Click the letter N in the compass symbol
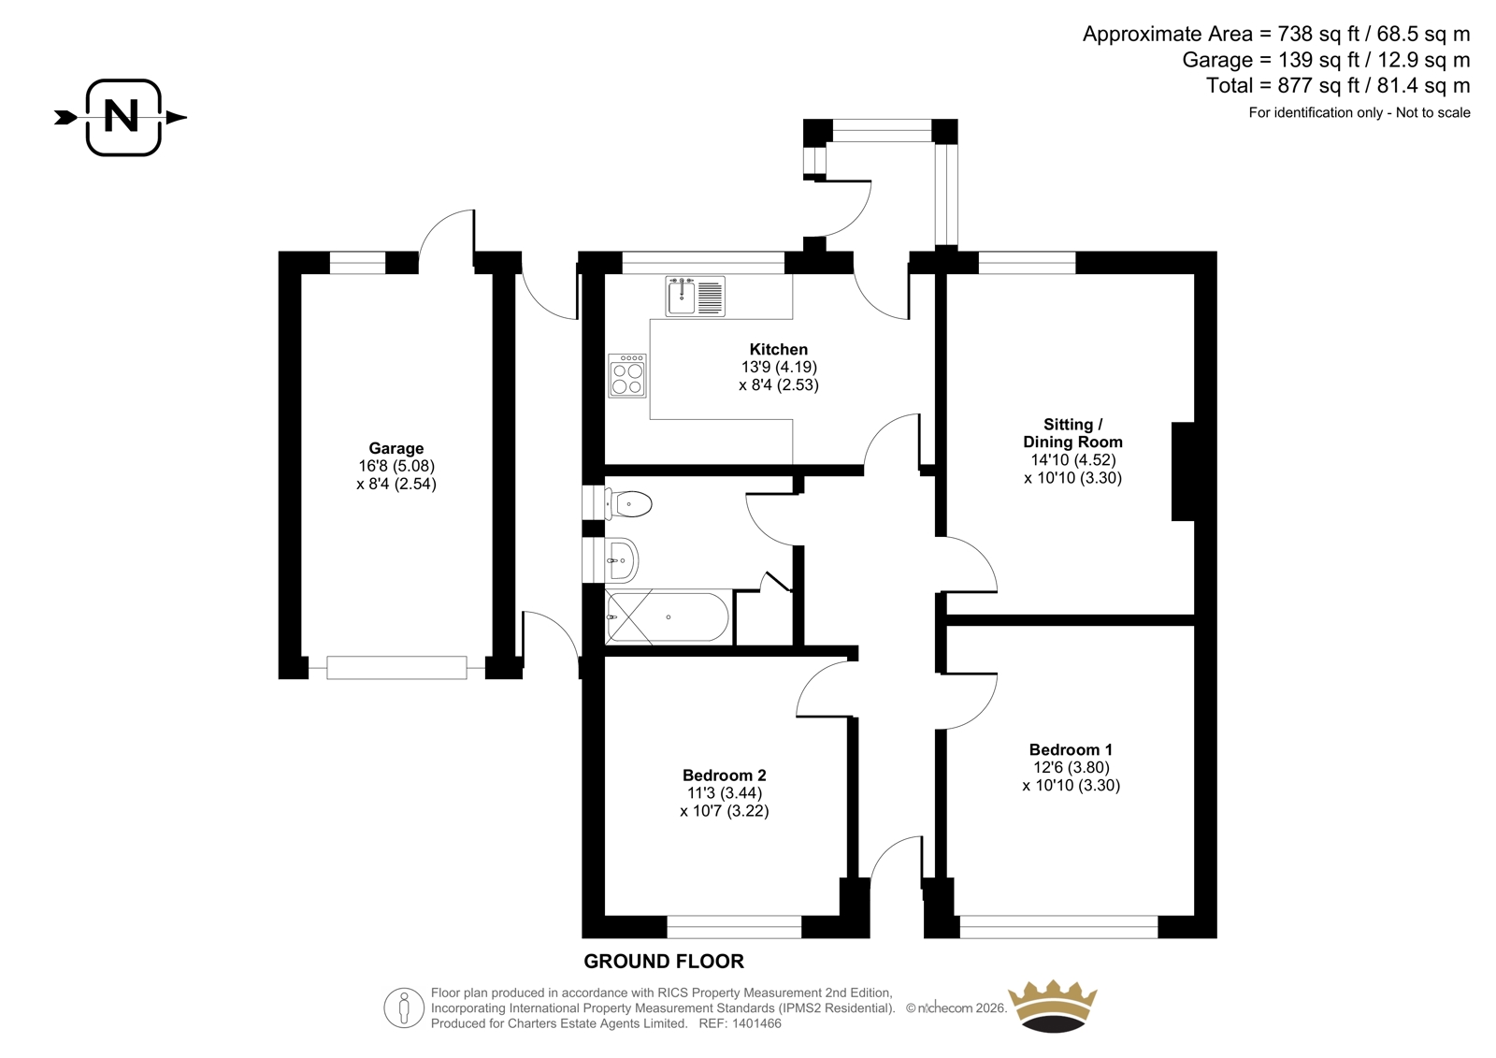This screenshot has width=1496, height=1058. tap(122, 116)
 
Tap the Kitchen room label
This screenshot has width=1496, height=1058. tap(778, 349)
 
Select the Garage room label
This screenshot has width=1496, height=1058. tap(396, 448)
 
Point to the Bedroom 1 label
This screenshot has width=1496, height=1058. tap(1071, 749)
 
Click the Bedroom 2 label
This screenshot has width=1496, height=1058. tap(724, 775)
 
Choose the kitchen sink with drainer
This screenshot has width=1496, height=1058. tap(696, 296)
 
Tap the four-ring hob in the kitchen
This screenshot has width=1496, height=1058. tap(627, 376)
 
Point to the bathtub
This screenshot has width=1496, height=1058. tap(668, 616)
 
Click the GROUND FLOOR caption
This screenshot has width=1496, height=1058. tap(663, 961)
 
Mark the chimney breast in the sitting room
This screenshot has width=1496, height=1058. tap(1183, 471)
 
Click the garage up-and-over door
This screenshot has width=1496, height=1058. tap(396, 668)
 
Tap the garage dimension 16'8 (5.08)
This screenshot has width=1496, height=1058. tap(396, 466)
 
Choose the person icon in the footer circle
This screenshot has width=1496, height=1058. tap(403, 1008)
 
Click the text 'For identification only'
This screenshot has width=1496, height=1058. tap(1316, 112)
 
